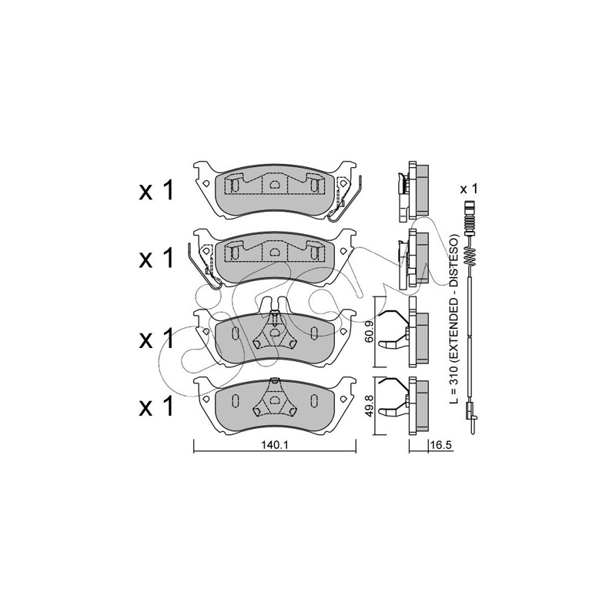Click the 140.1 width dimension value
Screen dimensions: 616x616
coord(275,445)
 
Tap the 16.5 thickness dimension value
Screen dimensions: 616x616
coord(441,445)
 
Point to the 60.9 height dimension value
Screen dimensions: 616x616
coord(370,333)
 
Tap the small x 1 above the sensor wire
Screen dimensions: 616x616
coord(469,189)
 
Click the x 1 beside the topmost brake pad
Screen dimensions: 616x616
coord(156,192)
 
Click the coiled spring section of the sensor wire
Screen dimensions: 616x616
coord(469,256)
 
